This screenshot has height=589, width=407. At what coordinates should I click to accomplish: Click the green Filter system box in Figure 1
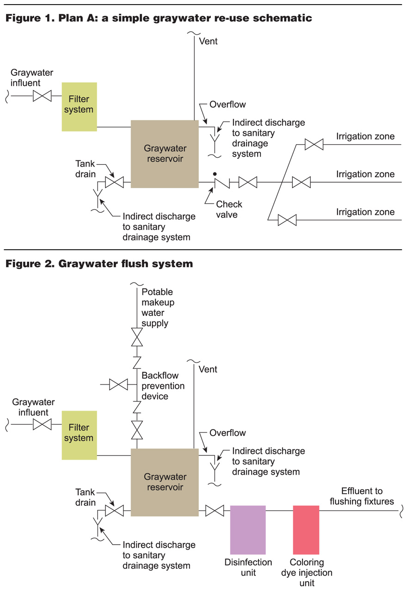(x=79, y=106)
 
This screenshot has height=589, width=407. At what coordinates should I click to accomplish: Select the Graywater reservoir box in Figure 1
(x=165, y=153)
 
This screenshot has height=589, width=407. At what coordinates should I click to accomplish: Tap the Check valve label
(x=229, y=209)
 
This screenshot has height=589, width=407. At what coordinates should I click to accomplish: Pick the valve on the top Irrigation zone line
(x=314, y=145)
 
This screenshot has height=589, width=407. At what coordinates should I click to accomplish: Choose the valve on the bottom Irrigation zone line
(x=287, y=221)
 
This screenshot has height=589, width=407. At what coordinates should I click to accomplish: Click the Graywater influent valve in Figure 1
(x=42, y=96)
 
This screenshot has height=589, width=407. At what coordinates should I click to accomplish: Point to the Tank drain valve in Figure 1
(x=114, y=183)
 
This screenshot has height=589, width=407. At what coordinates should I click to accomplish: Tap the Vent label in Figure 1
(x=208, y=41)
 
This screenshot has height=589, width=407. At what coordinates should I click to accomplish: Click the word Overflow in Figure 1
(x=228, y=104)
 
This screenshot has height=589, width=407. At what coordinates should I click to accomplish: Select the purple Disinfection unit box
(x=248, y=529)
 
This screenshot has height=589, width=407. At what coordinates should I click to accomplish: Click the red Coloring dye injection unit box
(x=306, y=529)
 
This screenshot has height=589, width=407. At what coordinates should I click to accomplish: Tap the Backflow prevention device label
(x=163, y=386)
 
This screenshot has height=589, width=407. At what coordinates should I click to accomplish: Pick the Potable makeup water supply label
(x=157, y=307)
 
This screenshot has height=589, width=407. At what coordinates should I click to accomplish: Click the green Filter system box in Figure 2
(x=79, y=435)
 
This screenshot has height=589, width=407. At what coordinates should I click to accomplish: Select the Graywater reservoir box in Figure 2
(x=165, y=482)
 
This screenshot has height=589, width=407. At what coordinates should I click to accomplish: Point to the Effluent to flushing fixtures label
(x=361, y=496)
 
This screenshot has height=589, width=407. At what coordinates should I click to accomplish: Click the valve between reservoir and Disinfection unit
(x=215, y=511)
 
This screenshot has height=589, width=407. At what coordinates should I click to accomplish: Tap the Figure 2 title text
(x=99, y=264)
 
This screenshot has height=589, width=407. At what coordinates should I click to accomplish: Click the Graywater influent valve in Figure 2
(x=42, y=424)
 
